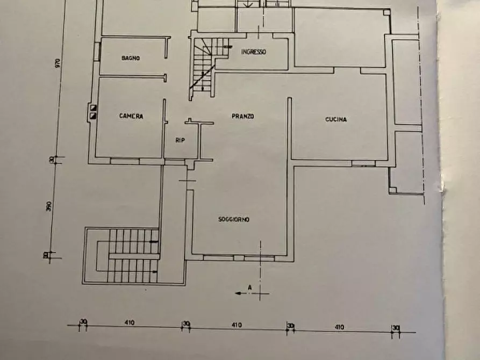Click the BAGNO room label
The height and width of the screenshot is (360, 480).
131,58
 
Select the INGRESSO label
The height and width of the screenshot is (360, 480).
254,52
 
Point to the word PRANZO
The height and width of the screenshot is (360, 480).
243,116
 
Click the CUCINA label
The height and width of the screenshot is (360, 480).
336,119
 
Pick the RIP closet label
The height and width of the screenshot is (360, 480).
180,140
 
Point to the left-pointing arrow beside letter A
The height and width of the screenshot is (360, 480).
239,293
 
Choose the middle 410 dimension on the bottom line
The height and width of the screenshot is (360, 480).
237,325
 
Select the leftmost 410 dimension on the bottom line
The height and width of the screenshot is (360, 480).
129,323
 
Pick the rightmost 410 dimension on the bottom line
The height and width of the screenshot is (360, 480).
339,327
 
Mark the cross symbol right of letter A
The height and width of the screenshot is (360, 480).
261,293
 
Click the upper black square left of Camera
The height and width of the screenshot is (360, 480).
93,107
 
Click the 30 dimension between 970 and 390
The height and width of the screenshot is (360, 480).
52,160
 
